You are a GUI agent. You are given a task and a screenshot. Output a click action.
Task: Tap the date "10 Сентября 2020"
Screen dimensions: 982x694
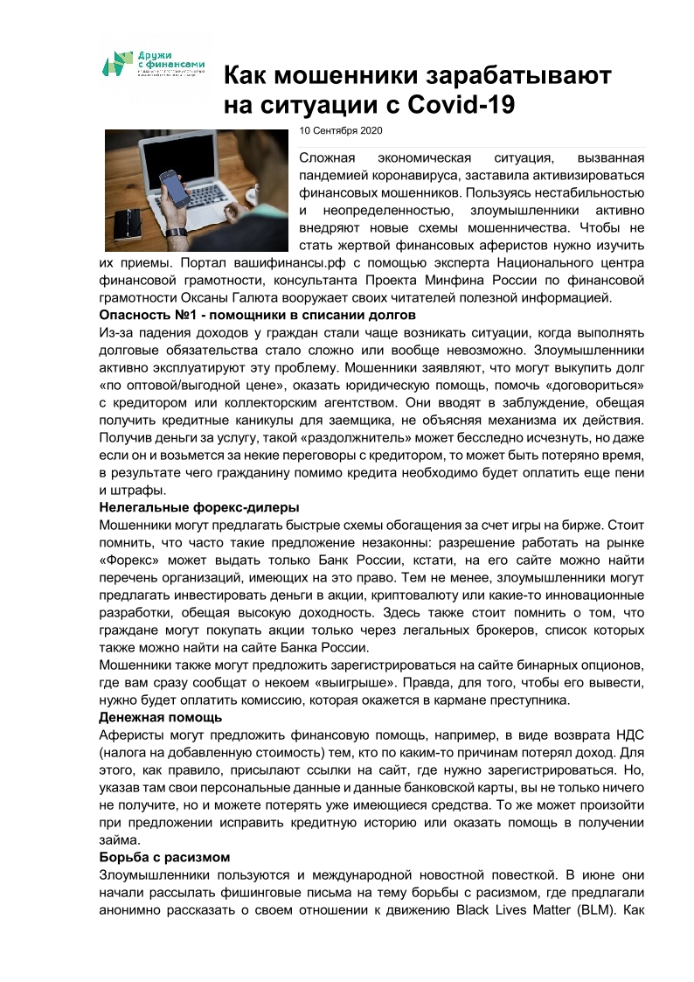click(341, 130)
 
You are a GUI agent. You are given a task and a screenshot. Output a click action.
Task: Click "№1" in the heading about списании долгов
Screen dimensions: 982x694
click(188, 315)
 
